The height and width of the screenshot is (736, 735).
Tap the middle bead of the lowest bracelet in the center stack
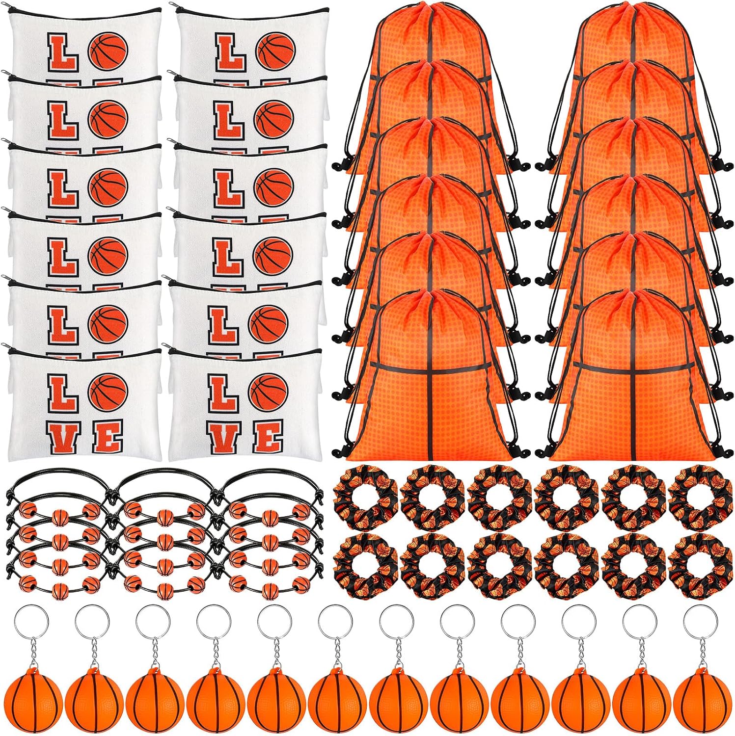161,588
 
